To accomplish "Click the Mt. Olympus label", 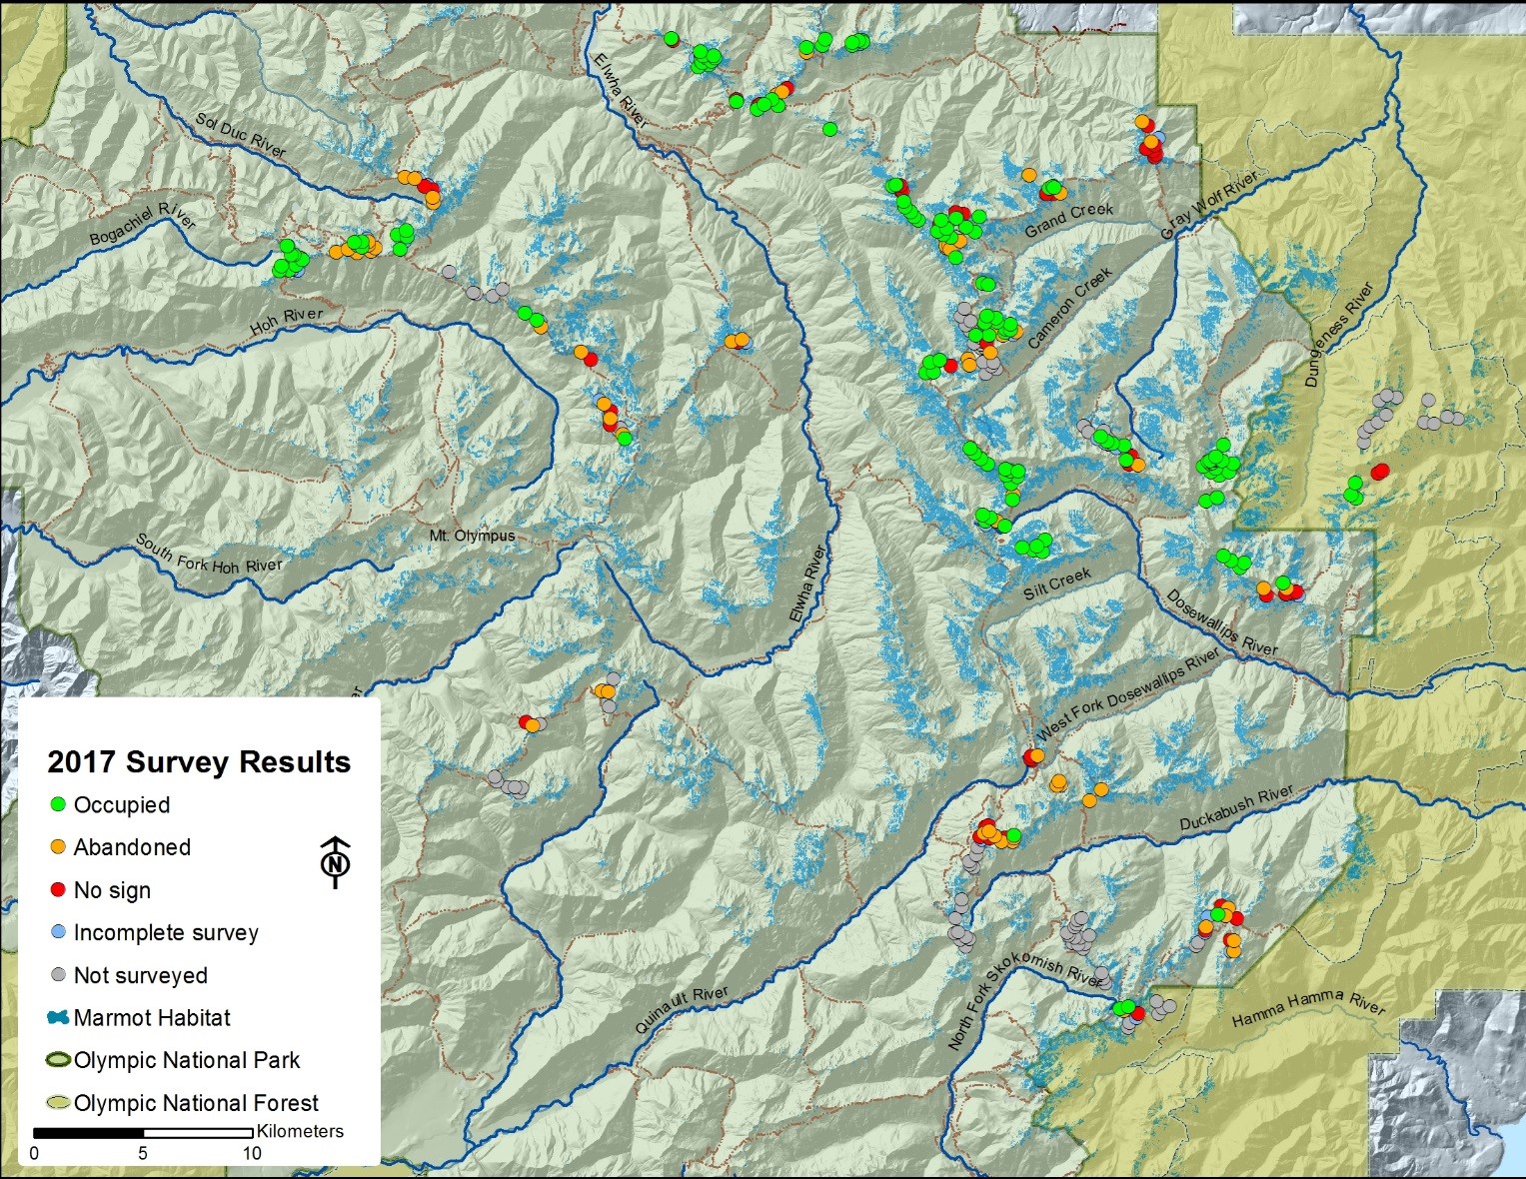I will [472, 536].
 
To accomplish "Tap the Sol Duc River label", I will [241, 135].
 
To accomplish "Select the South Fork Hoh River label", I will [209, 553].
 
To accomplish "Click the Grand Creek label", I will [1069, 221].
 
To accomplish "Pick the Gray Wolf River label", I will [1209, 204].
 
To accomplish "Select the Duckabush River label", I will [1236, 808].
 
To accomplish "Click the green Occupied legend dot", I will [58, 804].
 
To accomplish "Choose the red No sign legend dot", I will [58, 889].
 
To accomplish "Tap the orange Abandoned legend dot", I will [58, 846].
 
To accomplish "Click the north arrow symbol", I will [336, 860].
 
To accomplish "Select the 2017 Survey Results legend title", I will [199, 762].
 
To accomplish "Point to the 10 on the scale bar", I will [252, 1154].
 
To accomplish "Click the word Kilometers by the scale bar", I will [300, 1131].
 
